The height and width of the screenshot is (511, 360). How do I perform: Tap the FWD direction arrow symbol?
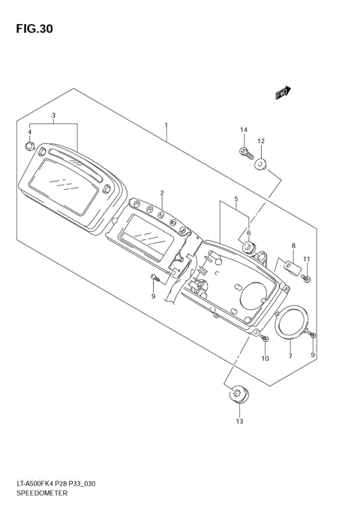point(282,93)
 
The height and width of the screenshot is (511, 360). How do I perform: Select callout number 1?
point(166,126)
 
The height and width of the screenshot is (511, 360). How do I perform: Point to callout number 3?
point(54,116)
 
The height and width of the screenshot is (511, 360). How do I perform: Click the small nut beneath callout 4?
point(29,145)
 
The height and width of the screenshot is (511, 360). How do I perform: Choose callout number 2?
point(161,194)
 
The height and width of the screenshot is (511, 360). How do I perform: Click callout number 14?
point(244,131)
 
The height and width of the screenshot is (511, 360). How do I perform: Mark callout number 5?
point(235,200)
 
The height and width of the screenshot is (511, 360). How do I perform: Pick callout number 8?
point(293,246)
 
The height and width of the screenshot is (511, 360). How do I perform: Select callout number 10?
point(265,359)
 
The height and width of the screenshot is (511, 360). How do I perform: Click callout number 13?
point(239,422)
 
